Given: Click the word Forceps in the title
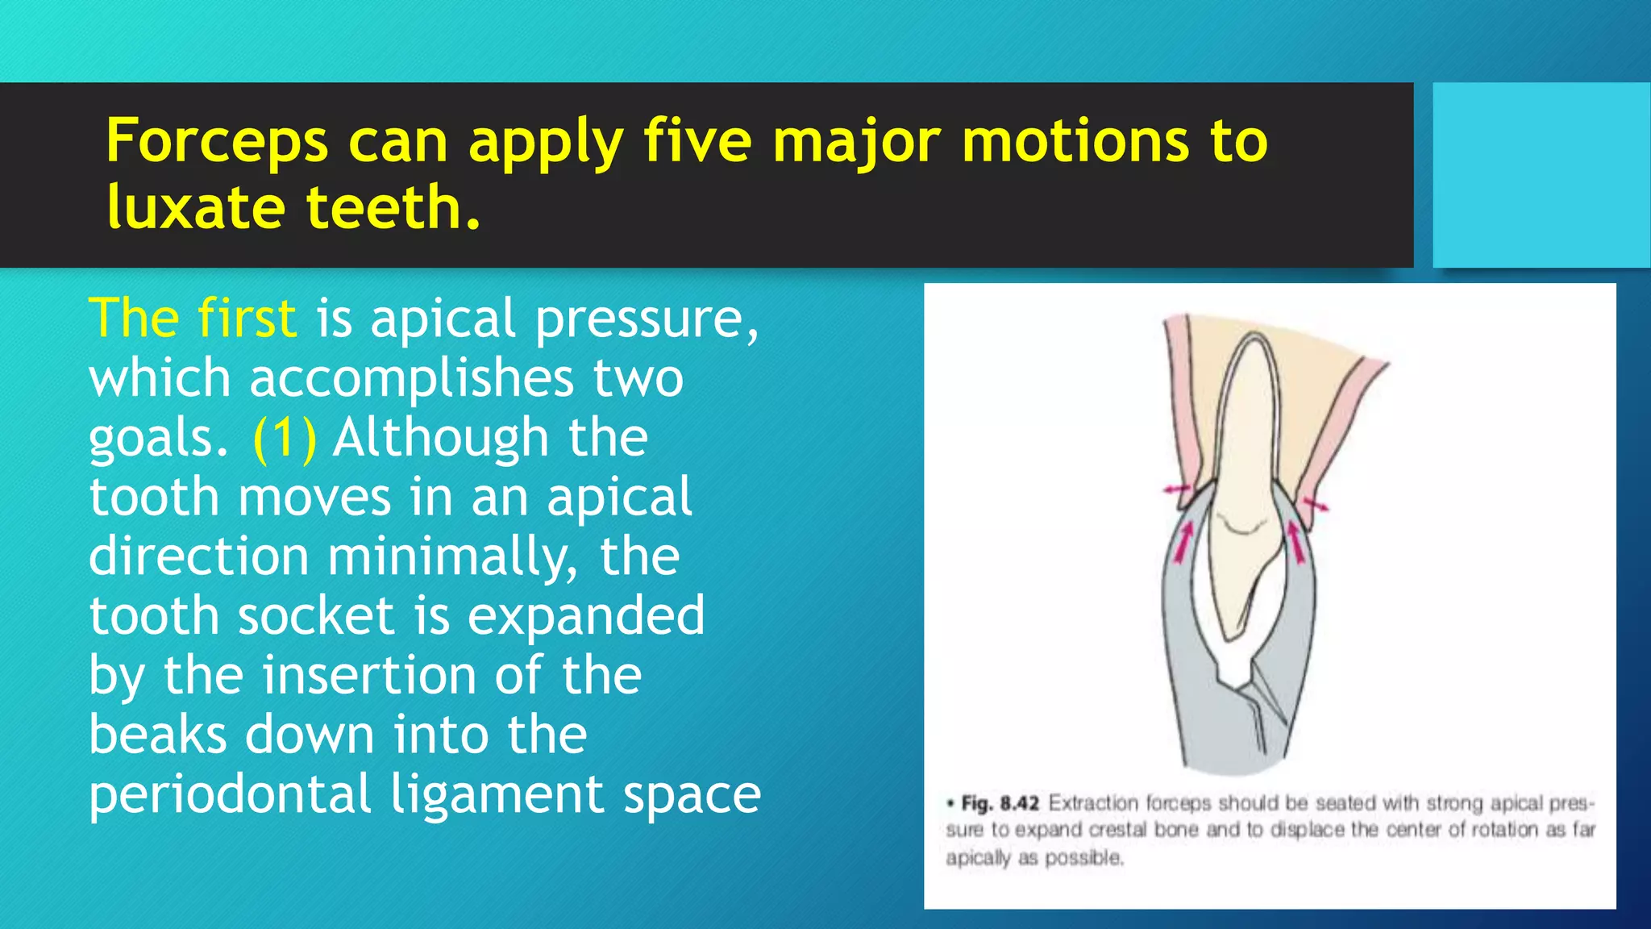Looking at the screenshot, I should point(216,142).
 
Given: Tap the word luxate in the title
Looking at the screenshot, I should point(196,207).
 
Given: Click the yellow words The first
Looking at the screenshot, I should point(193,318).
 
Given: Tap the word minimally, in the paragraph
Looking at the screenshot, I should point(452,557).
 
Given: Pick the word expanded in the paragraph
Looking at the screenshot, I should point(586,616).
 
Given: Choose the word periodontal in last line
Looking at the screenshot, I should point(230,794).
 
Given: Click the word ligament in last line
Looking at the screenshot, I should point(497,794).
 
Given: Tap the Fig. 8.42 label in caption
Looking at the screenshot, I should point(1000,803).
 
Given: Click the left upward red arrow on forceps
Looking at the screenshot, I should point(1183,540).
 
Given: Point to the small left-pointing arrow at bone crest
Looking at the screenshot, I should point(1175,489).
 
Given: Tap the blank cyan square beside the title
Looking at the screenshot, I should point(1541,174).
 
